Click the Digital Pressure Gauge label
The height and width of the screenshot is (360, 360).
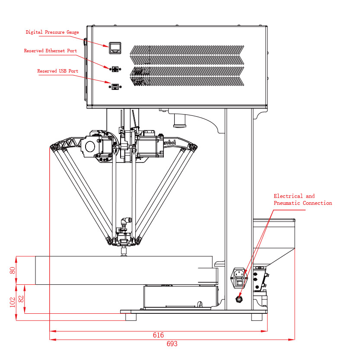[x=52, y=32]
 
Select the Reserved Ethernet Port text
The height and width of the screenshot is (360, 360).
[x=51, y=51]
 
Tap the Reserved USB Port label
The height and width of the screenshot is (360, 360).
[x=58, y=71]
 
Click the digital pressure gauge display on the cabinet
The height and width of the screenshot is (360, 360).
[x=115, y=48]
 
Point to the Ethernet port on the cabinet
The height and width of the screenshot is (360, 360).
[x=115, y=69]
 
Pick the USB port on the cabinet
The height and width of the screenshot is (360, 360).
[x=115, y=87]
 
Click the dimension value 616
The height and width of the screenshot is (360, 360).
[x=159, y=335]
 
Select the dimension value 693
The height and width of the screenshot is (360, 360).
[x=172, y=344]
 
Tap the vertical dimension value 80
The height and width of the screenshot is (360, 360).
[x=13, y=270]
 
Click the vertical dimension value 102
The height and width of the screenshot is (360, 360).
[x=13, y=302]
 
